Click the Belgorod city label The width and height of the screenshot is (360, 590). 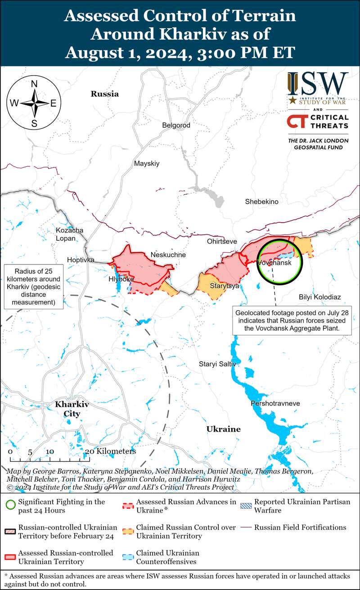click(x=176, y=125)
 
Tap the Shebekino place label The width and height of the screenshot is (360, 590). click(x=261, y=202)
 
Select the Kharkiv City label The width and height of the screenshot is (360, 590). click(x=72, y=409)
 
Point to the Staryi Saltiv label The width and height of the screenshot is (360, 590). click(x=217, y=364)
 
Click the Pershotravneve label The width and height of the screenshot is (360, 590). click(x=275, y=403)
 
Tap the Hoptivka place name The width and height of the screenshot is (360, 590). click(x=81, y=260)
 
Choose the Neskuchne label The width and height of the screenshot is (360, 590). click(x=168, y=255)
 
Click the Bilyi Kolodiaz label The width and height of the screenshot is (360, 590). click(x=319, y=297)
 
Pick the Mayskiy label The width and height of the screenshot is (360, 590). click(x=147, y=164)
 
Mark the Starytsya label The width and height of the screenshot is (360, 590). click(x=224, y=286)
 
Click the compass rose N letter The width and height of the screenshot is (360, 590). click(x=34, y=83)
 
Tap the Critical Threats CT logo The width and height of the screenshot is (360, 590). click(x=297, y=123)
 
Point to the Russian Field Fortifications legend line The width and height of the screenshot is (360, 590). click(x=245, y=527)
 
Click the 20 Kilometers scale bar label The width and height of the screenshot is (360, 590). click(x=110, y=451)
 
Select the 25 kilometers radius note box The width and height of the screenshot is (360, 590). click(x=34, y=287)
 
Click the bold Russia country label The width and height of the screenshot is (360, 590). click(x=105, y=94)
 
